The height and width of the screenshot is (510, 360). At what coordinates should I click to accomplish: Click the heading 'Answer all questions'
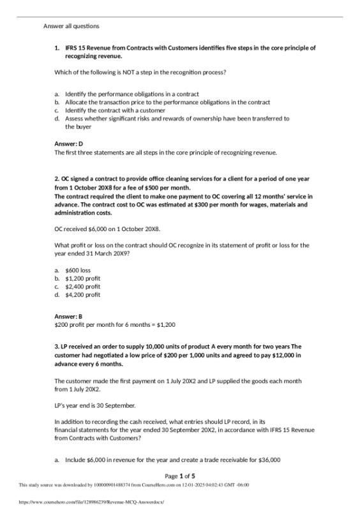pyautogui.click(x=71, y=26)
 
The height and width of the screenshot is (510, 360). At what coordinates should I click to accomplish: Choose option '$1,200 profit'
pyautogui.click(x=82, y=278)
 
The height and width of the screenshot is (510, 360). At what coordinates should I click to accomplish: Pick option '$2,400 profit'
pyautogui.click(x=82, y=287)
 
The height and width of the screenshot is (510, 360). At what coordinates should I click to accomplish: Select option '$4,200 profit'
pyautogui.click(x=82, y=295)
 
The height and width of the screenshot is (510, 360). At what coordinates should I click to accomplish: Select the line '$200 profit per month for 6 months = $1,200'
pyautogui.click(x=115, y=324)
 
